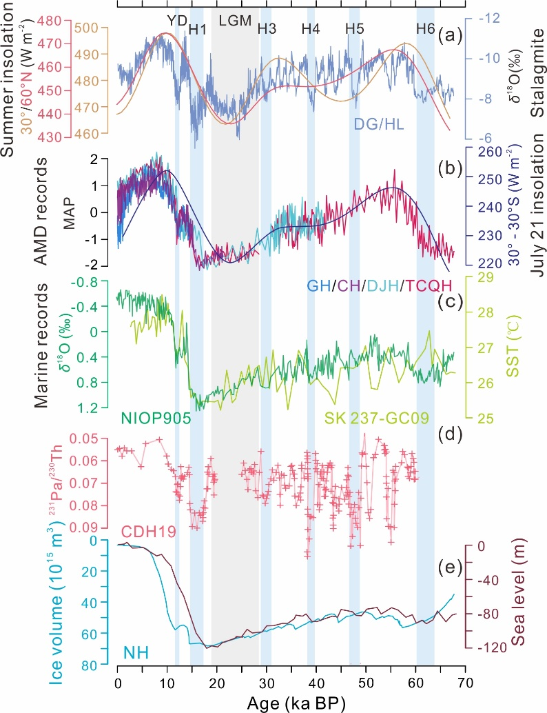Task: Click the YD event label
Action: point(177,20)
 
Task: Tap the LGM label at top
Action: point(236,20)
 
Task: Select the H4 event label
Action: point(311,29)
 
